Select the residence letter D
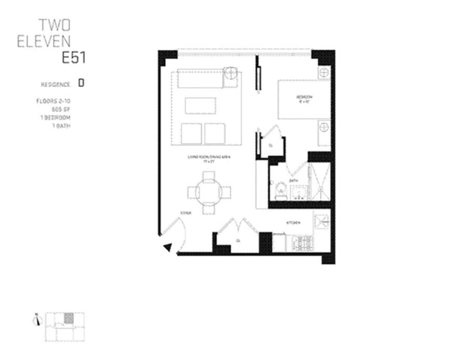81,83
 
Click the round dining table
208,192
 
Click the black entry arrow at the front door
168,247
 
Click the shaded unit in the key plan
69,317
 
